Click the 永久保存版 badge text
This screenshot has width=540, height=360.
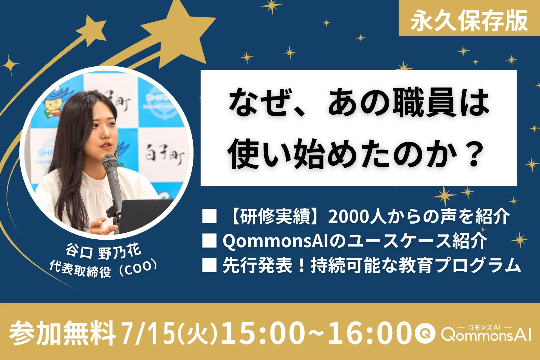pos(469,20)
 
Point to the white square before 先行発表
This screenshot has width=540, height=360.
pos(209,265)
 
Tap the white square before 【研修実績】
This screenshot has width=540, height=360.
pos(209,216)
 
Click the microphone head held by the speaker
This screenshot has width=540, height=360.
pos(109,162)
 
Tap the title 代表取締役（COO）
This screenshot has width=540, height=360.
pos(103,269)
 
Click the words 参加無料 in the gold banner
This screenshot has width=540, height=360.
pos(62,333)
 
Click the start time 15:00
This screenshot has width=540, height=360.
pos(263,333)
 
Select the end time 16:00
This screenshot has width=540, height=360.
pos(370,333)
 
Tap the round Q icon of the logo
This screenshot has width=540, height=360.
pos(425,334)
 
